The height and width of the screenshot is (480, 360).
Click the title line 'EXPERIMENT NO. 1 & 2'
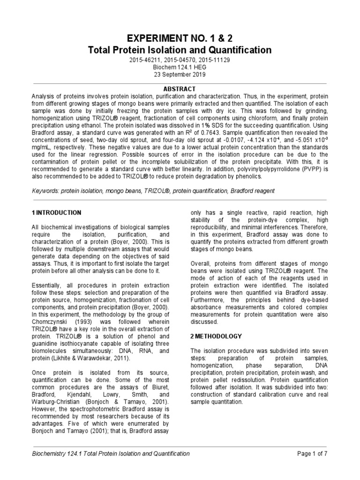[x=180, y=38]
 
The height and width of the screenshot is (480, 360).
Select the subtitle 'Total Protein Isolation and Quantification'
[x=180, y=50]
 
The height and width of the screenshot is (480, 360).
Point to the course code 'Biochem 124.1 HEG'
[x=180, y=67]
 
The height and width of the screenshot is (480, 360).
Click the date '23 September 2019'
[x=180, y=75]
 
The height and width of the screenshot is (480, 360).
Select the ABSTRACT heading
[x=180, y=89]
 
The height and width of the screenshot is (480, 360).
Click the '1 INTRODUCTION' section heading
[x=56, y=212]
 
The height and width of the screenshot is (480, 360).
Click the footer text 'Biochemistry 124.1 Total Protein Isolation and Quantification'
[x=110, y=453]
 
